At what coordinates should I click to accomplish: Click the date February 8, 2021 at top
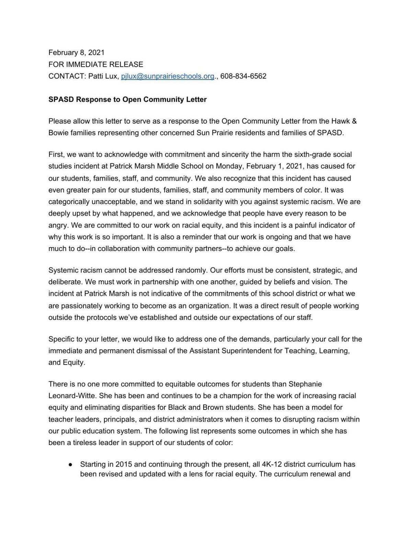coord(76,53)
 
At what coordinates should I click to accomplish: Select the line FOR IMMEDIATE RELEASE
coord(96,64)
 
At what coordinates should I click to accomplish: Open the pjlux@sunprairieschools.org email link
coord(168,76)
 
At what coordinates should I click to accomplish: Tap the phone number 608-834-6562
coord(243,76)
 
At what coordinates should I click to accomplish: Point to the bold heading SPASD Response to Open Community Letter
coord(127,100)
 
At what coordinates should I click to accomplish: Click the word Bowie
coord(58,133)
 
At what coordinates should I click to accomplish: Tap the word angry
coord(58,225)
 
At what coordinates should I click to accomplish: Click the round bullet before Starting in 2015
coord(70,465)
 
